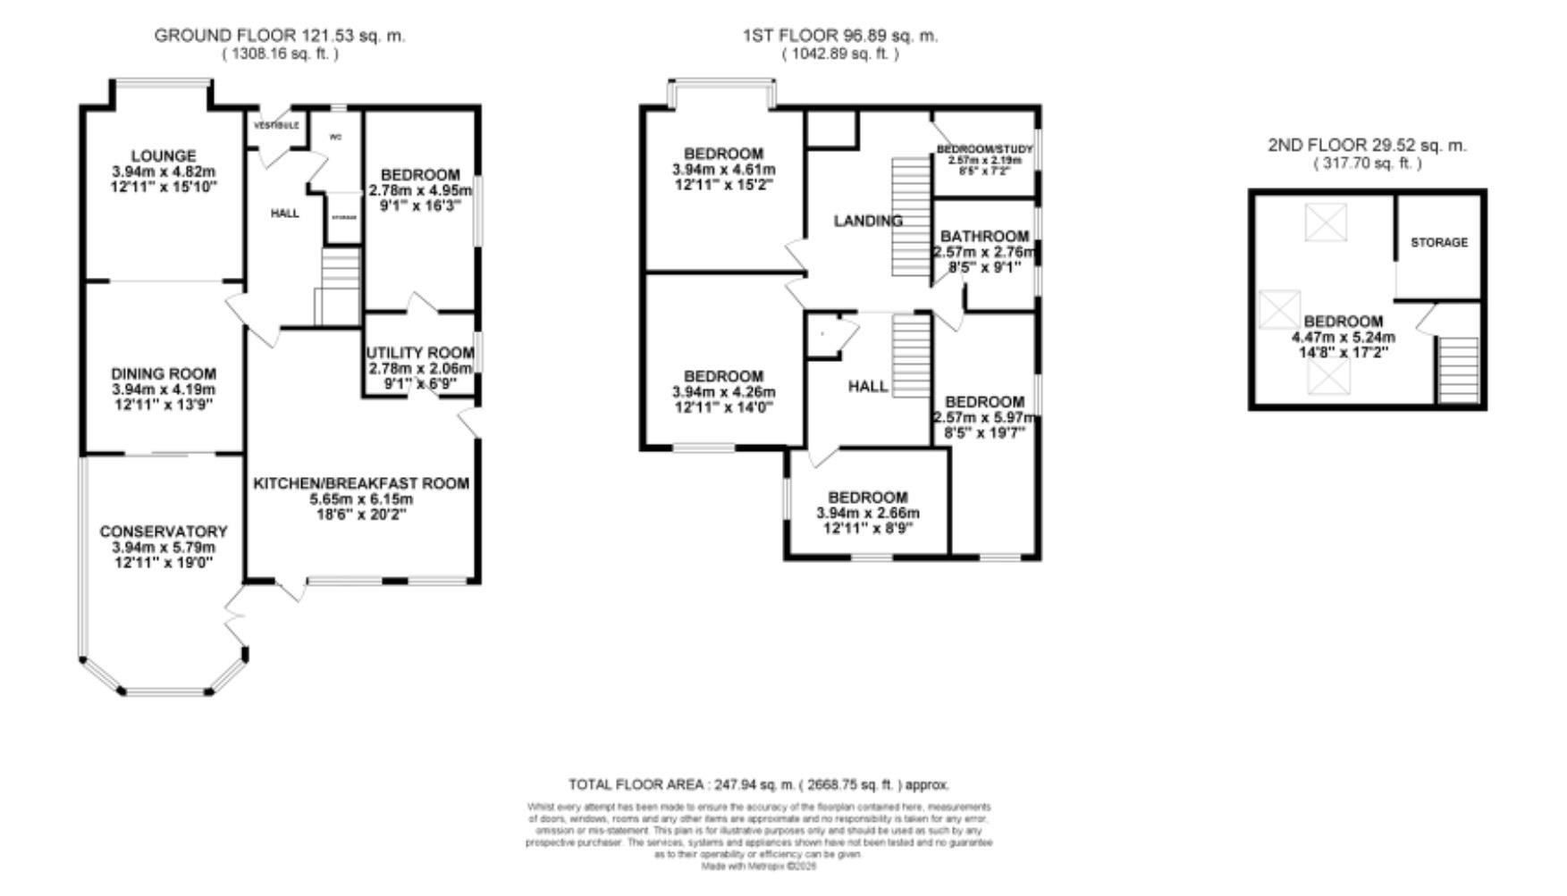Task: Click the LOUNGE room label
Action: point(162,155)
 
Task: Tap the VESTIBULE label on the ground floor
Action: point(276,126)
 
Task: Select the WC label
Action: point(336,138)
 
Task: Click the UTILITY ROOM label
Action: point(419,353)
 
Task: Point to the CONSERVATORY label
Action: point(164,532)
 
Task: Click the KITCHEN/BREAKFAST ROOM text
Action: point(361,483)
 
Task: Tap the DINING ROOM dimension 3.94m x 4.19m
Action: point(164,389)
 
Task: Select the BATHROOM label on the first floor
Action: point(984,236)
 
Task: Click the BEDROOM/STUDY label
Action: point(984,149)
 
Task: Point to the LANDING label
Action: point(868,221)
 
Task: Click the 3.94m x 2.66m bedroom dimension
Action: point(867,514)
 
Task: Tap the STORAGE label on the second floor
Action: point(1438,242)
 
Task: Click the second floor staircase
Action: point(1457,370)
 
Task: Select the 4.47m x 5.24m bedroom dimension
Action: point(1343,338)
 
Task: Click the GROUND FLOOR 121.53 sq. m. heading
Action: point(280,36)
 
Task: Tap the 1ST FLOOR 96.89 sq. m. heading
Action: point(839,36)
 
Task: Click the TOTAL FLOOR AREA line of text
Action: point(758,785)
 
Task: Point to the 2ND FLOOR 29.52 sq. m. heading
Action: point(1367,145)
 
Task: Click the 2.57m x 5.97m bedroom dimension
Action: point(984,417)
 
